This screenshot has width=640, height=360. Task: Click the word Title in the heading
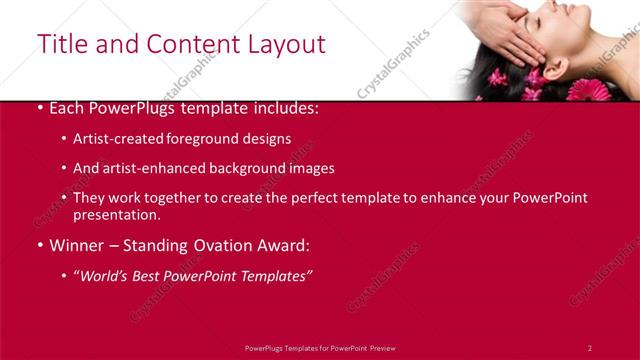point(60,44)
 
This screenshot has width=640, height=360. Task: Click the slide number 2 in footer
point(590,348)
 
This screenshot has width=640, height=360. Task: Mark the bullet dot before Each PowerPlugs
point(39,107)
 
